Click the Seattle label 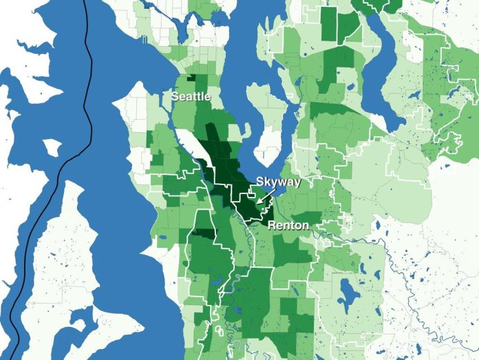click(191, 97)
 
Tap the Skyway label click(278, 182)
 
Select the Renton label click(288, 226)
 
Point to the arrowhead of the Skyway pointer click(257, 203)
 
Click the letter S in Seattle click(175, 97)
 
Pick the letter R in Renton click(272, 226)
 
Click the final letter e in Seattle click(208, 97)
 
